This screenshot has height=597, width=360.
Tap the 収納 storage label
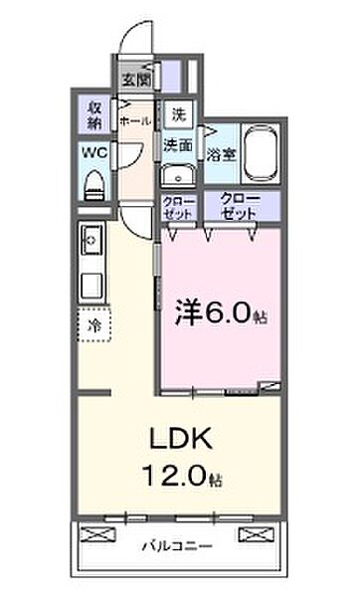pyautogui.click(x=91, y=114)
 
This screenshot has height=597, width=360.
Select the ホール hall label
pyautogui.click(x=134, y=120)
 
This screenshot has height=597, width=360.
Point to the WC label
pyautogui.click(x=92, y=152)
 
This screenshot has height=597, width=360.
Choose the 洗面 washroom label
pyautogui.click(x=179, y=145)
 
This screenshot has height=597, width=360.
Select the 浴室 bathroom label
pyautogui.click(x=220, y=153)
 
